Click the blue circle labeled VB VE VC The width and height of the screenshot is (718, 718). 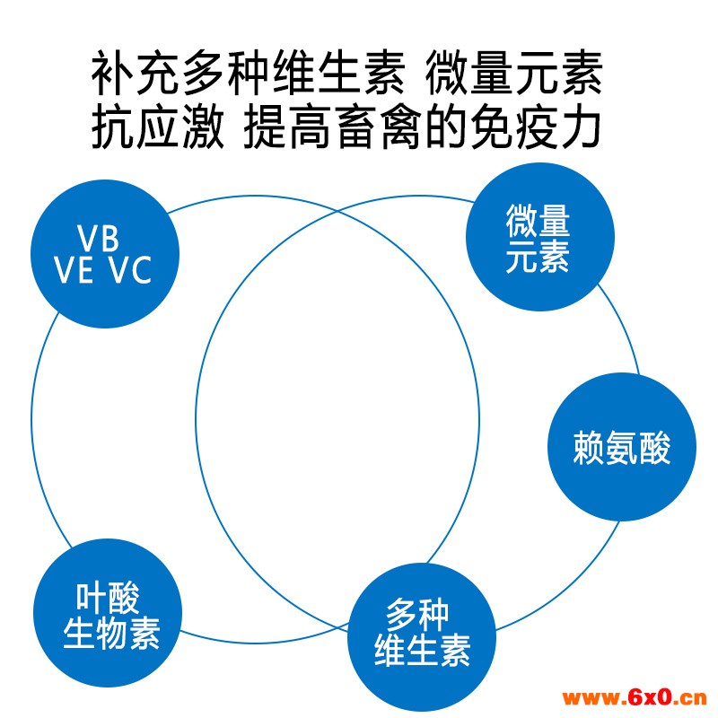105,254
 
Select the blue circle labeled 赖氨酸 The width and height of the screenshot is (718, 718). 622,447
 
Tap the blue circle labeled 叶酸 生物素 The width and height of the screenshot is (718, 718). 108,613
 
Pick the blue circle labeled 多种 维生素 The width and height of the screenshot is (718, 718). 422,637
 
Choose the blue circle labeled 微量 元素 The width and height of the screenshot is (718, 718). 540,237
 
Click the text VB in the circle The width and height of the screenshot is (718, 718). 98,238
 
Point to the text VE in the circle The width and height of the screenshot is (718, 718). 74,270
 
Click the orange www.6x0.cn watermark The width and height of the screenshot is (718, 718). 635,697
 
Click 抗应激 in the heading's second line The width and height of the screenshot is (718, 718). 158,127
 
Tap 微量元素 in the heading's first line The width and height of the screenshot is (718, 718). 513,74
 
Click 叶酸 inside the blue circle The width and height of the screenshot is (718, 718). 108,598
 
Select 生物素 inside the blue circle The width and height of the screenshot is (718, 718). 111,634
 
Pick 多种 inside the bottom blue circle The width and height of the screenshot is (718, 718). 416,615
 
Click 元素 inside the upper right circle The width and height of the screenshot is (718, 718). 538,257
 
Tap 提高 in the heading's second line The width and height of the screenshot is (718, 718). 287,127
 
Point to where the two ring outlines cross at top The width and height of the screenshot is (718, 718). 338,211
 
